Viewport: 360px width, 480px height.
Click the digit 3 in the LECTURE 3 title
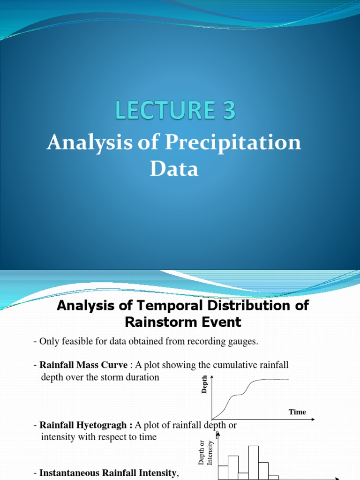click(226, 112)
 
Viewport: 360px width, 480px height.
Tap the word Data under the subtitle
click(174, 169)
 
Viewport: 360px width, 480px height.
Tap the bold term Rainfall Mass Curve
click(83, 365)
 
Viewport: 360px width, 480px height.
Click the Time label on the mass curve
click(297, 412)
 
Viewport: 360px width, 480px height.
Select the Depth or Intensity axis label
click(205, 453)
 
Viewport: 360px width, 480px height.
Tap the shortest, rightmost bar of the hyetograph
click(273, 477)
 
